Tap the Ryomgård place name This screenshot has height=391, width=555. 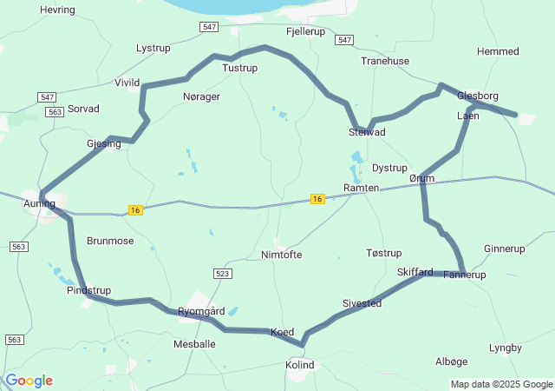[201, 311]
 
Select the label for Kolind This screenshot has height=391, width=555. [300, 365]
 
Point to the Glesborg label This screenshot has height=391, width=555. [478, 96]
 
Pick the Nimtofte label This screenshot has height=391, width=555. [282, 255]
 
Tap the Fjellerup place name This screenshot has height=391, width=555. [304, 30]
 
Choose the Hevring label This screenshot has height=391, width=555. [57, 10]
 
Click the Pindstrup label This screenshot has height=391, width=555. [88, 290]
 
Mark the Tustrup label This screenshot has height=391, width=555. [240, 67]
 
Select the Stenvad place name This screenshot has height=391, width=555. [367, 132]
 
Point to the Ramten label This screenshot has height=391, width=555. [361, 188]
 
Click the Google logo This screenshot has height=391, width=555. [29, 381]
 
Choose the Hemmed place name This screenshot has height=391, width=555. [498, 51]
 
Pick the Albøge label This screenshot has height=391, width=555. [450, 361]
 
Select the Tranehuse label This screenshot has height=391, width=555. [385, 61]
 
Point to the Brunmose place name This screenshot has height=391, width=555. [110, 241]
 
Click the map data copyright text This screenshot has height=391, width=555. [500, 384]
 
